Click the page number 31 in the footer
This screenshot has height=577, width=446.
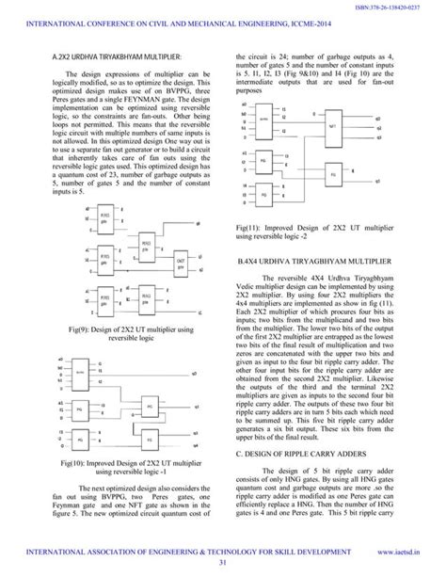tap(223, 563)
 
